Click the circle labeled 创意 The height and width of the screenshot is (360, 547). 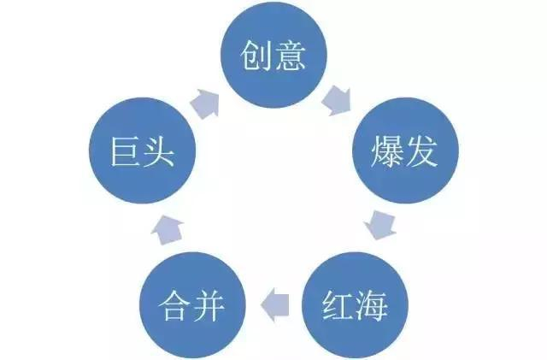273,56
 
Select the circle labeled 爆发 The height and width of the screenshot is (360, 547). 406,154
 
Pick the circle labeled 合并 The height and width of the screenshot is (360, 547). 193,304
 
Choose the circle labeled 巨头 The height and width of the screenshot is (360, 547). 143,154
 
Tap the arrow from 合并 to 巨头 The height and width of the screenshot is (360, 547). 168,227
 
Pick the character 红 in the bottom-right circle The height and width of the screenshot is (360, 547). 337,304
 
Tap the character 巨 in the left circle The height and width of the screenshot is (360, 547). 125,155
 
